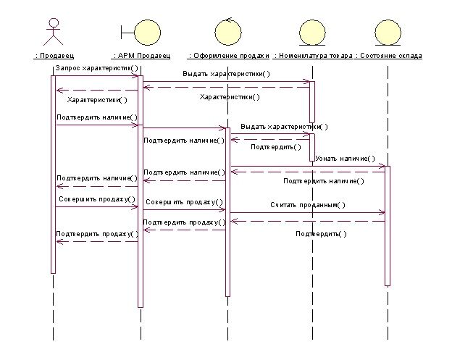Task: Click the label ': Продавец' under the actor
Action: [x=54, y=55]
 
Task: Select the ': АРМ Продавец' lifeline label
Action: [x=142, y=55]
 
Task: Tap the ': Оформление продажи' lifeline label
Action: [x=228, y=55]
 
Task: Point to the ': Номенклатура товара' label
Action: [x=314, y=55]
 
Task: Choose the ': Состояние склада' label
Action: [x=388, y=55]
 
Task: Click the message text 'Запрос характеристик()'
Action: [x=96, y=67]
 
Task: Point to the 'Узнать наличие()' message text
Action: [x=345, y=158]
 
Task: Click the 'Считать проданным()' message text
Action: [x=308, y=204]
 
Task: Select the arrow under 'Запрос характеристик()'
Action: [x=94, y=76]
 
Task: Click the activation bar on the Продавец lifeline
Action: [x=53, y=174]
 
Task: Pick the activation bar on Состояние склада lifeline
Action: [x=388, y=225]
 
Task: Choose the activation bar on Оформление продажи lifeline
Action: [x=227, y=210]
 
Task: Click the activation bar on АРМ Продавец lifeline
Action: [x=140, y=188]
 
